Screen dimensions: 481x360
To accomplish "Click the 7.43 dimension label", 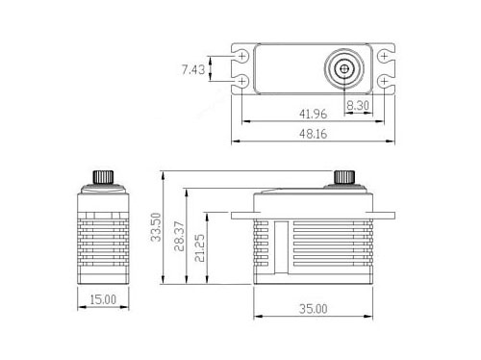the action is [193, 69].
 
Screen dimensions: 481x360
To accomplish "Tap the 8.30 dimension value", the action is [358, 105].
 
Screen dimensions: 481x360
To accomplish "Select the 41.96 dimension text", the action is [313, 114].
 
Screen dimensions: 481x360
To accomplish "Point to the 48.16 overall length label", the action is [313, 134].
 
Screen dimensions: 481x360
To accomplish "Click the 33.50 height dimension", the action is [156, 227].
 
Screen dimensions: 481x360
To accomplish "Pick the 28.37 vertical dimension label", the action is [179, 236].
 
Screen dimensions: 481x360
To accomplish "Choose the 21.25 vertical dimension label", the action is [199, 247].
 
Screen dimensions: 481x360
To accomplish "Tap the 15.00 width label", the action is [103, 299].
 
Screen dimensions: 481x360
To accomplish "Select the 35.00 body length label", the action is [313, 309].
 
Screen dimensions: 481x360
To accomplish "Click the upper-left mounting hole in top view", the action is [242, 57].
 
